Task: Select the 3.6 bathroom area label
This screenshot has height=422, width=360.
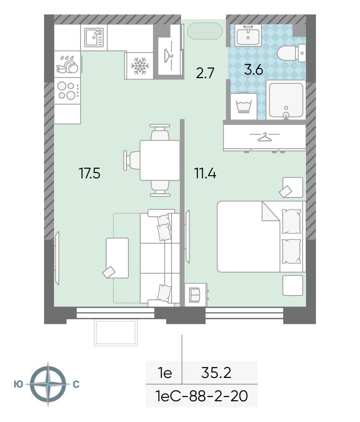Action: coord(253,70)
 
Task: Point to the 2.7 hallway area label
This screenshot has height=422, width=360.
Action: coord(205,73)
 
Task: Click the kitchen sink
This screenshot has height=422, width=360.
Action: coord(94,38)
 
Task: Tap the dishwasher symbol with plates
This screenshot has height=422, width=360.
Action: coord(67,65)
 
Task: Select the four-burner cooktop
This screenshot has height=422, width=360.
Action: coord(67,90)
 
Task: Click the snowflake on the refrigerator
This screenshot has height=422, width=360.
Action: coord(140,66)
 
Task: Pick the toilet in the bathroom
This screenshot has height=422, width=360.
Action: coord(291,54)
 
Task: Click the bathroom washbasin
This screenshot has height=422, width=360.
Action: coord(248,35)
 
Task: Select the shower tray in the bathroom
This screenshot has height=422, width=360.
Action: coord(286,100)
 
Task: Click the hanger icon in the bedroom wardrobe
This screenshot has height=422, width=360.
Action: coord(265,137)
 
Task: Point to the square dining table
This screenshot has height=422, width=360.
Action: coord(160,161)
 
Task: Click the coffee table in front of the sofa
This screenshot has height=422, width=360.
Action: coord(117,258)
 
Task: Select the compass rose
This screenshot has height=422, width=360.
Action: coord(48,384)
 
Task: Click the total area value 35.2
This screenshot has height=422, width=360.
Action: coord(216,373)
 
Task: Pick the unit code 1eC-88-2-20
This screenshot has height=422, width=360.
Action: coord(202,396)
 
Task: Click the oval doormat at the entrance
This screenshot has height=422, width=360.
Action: coord(205,31)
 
